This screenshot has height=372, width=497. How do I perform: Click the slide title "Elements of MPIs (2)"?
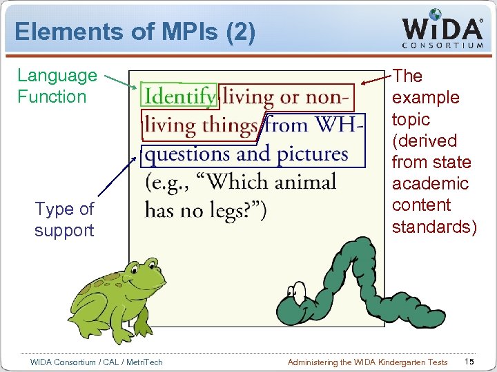click(135, 32)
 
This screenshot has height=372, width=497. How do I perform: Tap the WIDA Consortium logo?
click(442, 30)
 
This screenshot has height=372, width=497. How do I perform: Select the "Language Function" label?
click(57, 86)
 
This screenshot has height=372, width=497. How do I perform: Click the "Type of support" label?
click(64, 219)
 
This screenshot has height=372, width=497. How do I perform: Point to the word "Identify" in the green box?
click(179, 96)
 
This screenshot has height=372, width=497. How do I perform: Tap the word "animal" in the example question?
click(302, 182)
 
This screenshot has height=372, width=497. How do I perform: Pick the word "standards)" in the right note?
click(434, 227)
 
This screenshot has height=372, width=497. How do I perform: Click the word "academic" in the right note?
click(430, 184)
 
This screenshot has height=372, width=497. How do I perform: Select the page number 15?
click(469, 362)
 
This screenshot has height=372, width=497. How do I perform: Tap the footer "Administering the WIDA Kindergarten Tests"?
click(367, 362)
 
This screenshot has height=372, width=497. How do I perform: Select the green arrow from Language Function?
click(124, 84)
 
